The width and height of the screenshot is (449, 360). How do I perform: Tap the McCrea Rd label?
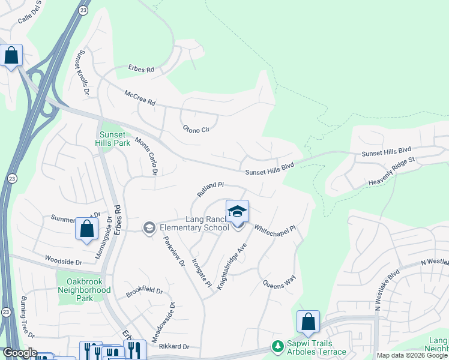pyautogui.click(x=139, y=98)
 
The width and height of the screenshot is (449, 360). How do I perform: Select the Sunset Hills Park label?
pyautogui.click(x=112, y=139)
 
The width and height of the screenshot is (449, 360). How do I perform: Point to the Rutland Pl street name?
pyautogui.click(x=210, y=190)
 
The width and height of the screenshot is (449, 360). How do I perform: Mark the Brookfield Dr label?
pyautogui.click(x=144, y=292)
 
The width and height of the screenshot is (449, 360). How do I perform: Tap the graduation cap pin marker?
pyautogui.click(x=238, y=212)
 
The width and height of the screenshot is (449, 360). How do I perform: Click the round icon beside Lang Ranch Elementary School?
pyautogui.click(x=148, y=227)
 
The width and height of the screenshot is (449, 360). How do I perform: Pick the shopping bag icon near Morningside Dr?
pyautogui.click(x=86, y=229)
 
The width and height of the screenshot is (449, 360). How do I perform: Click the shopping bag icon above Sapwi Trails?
pyautogui.click(x=308, y=322)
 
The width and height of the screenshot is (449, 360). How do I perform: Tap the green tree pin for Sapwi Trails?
pyautogui.click(x=277, y=346)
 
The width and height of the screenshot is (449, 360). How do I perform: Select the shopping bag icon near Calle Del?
pyautogui.click(x=11, y=56)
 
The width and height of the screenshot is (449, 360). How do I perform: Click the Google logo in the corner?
pyautogui.click(x=20, y=353)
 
